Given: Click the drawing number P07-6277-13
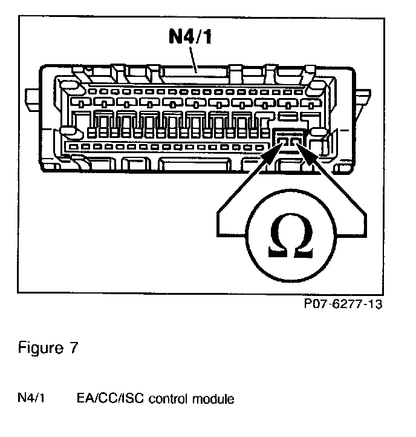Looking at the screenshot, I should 343,304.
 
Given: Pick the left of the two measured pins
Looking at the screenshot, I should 283,142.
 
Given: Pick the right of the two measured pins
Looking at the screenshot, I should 295,142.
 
